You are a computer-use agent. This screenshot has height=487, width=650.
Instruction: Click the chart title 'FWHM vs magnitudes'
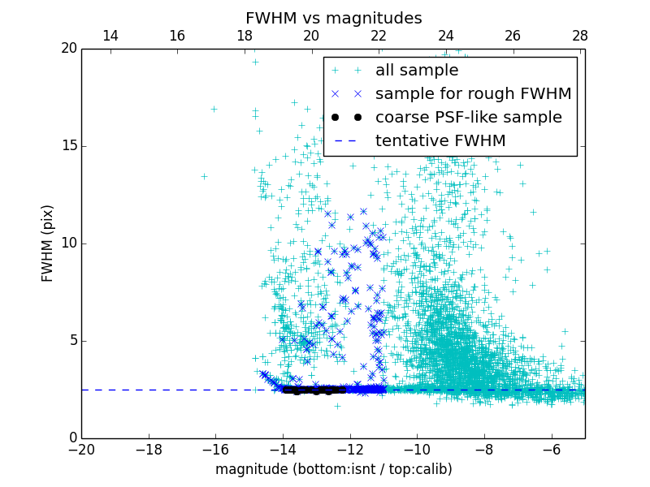[333, 18]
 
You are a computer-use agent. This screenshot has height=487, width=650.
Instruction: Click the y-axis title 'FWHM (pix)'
[48, 243]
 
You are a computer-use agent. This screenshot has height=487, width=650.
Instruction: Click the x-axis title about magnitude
[333, 469]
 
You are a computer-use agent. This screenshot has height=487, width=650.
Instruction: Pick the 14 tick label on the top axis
[110, 37]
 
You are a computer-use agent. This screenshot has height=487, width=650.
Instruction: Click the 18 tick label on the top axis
[244, 37]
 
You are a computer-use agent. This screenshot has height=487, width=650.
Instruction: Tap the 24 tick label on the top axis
[445, 37]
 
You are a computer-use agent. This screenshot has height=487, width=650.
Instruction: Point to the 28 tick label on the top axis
[579, 37]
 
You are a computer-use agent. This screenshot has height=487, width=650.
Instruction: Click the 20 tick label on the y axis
[68, 49]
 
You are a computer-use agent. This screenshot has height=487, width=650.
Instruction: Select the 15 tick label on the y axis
[68, 146]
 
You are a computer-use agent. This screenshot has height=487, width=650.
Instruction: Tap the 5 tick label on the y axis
[72, 341]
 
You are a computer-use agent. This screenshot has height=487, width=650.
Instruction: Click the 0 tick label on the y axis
[72, 438]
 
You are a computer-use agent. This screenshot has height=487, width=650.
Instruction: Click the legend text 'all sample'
[416, 71]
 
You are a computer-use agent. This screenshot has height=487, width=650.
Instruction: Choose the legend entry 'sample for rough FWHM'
[473, 94]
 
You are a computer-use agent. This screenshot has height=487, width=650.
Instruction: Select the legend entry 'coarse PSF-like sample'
[468, 118]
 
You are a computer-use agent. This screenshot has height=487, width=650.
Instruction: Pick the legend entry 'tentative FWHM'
[440, 141]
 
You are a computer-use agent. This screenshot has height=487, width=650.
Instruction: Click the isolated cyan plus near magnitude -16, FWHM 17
[214, 109]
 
